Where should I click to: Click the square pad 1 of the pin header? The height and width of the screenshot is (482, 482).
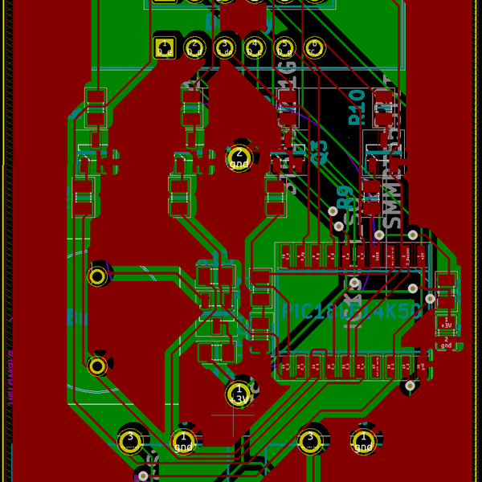pos(165,47)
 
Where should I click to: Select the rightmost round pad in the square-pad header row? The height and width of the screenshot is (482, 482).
pos(314,47)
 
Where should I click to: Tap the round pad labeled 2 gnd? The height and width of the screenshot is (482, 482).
pos(239,157)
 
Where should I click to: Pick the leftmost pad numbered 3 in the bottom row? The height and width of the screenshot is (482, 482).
pos(129,439)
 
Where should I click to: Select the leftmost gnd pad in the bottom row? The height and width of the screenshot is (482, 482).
pos(185,439)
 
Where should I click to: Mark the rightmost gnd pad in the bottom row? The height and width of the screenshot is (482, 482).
pos(363,439)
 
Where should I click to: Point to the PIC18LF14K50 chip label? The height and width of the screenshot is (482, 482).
pos(350,312)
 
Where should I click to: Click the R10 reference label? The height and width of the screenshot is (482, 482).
pos(357,107)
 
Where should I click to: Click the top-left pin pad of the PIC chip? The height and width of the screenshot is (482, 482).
pos(287,256)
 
